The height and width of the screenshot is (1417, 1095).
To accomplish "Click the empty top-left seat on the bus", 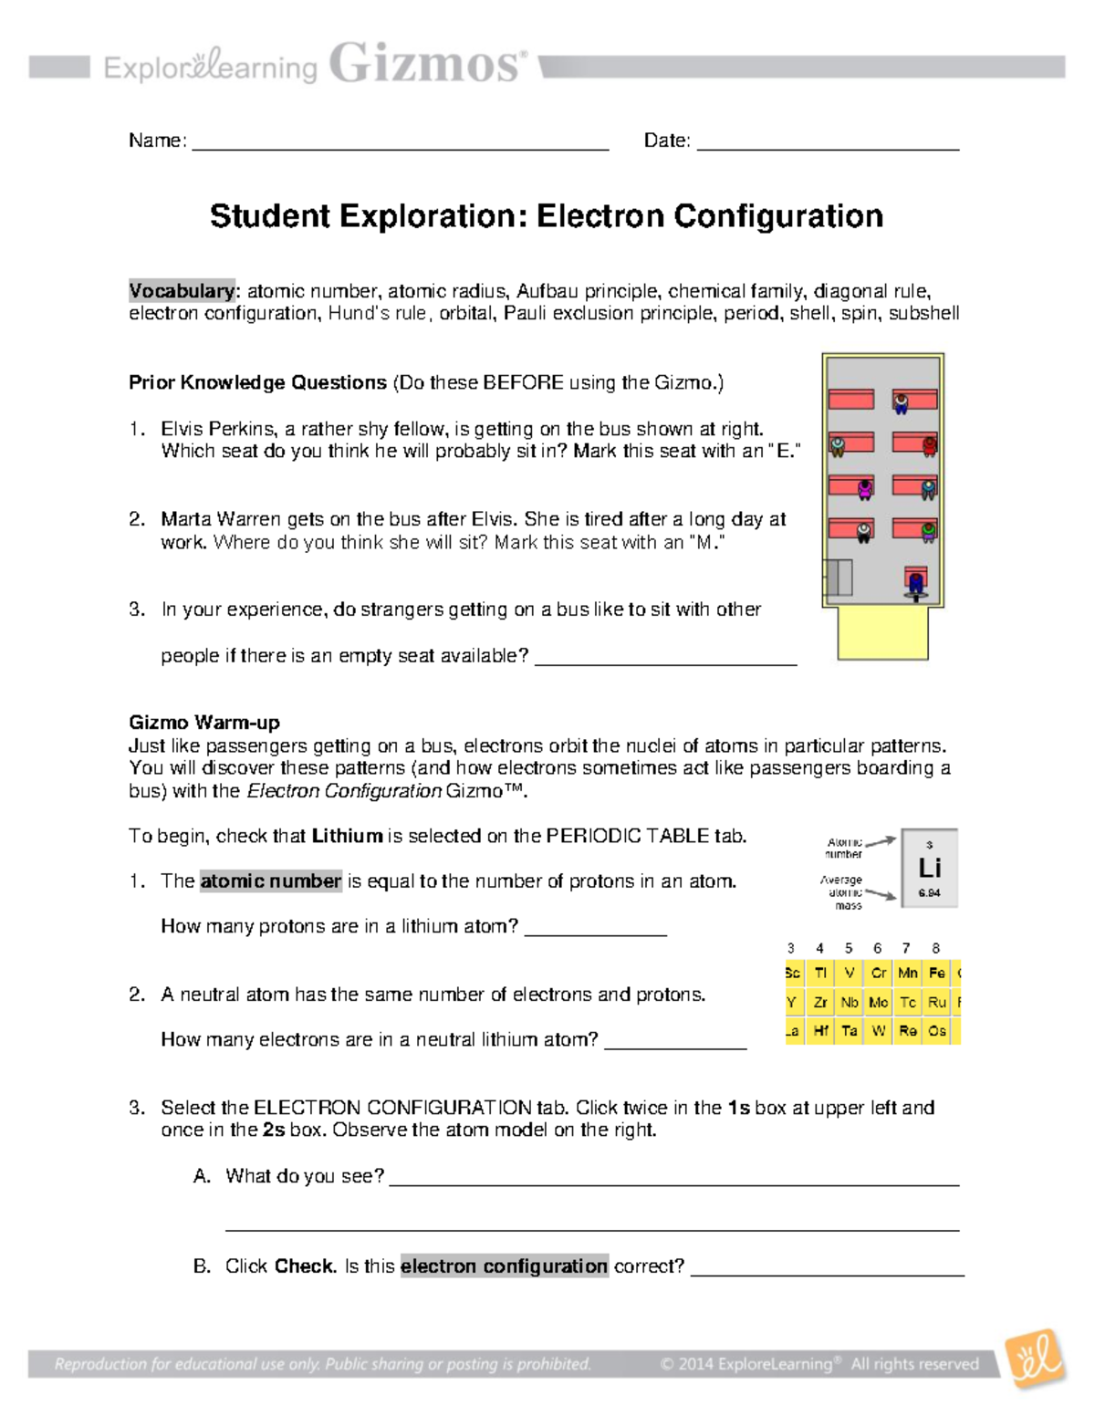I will click(850, 400).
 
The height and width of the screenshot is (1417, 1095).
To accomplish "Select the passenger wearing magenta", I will click(865, 490).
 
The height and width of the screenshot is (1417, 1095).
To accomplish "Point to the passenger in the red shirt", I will click(929, 446).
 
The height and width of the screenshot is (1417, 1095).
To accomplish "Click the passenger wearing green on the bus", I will click(928, 531).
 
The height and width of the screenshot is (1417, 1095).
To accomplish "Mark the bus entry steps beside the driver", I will click(839, 578).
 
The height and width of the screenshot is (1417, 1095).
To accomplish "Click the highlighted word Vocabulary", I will click(182, 291).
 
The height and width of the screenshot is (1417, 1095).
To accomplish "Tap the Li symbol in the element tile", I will click(929, 868).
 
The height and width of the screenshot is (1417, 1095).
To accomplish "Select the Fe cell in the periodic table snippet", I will click(936, 974).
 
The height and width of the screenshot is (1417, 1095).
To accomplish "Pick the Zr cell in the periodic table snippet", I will click(820, 1002).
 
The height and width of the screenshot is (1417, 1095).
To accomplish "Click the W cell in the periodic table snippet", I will click(878, 1031).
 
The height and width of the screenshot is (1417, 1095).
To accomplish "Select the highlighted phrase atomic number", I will click(270, 881).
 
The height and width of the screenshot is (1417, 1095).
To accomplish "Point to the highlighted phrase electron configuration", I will click(504, 1266).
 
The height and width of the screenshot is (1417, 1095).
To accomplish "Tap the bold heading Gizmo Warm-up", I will click(204, 723).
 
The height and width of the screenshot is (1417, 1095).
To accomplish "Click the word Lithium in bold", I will click(347, 836).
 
